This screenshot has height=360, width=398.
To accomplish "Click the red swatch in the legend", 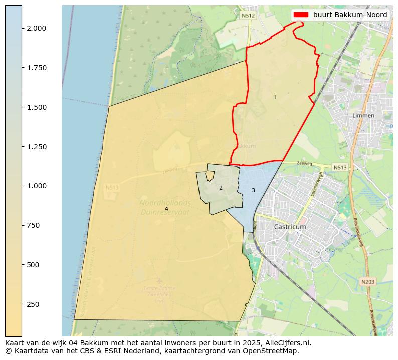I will pyautogui.click(x=301, y=15).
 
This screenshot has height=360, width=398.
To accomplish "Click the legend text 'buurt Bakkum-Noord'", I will pyautogui.click(x=350, y=15).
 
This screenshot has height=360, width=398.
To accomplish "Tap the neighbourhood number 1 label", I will pyautogui.click(x=275, y=97).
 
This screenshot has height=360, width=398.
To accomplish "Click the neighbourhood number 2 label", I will pyautogui.click(x=221, y=188).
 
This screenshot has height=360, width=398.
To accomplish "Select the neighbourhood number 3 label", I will pyautogui.click(x=253, y=190).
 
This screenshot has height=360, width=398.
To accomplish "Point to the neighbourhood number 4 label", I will pyautogui.click(x=166, y=209).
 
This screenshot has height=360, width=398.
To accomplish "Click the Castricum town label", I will pyautogui.click(x=290, y=227).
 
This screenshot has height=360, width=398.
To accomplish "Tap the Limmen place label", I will pyautogui.click(x=363, y=116).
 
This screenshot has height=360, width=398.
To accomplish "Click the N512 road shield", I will pyautogui.click(x=248, y=16).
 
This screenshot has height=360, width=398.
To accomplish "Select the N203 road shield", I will pyautogui.click(x=367, y=282).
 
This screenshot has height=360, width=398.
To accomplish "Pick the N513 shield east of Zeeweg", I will pyautogui.click(x=339, y=167).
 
